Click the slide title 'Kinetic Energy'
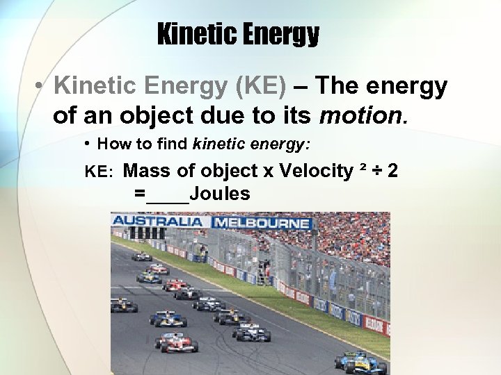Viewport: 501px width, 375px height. [238, 33]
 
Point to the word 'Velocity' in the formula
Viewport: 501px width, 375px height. [316, 171]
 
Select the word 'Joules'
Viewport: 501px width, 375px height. [219, 194]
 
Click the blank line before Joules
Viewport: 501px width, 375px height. [167, 197]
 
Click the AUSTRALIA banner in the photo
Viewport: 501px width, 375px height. [158, 221]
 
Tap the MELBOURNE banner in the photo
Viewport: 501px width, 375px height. [262, 223]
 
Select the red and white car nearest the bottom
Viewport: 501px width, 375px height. [177, 342]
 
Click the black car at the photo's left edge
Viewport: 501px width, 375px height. [123, 306]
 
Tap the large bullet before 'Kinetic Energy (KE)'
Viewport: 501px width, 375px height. [42, 87]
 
